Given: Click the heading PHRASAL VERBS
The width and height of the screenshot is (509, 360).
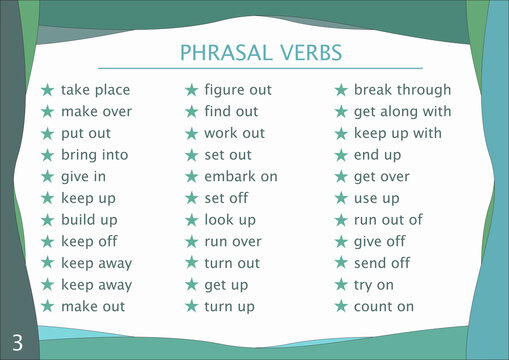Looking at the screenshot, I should click(259, 52).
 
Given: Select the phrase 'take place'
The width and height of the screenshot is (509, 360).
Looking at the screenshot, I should click(95, 90).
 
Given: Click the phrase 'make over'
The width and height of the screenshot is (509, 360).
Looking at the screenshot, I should click(96, 112).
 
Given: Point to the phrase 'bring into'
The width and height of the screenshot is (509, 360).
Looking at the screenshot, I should click(96, 155).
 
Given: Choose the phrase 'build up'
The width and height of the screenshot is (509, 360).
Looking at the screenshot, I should click(89, 219).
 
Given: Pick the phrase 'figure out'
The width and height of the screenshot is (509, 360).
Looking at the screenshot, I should click(238, 90).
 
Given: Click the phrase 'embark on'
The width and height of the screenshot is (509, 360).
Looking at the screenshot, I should click(241, 177).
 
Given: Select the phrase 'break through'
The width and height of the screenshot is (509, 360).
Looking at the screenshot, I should click(403, 90).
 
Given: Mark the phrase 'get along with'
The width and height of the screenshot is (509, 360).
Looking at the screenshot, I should click(402, 112).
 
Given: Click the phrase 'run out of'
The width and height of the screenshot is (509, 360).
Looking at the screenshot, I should click(388, 220).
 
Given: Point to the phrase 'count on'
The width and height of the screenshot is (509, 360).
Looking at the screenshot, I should click(384, 307).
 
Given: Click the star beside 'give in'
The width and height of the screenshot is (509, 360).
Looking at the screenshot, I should click(47, 177).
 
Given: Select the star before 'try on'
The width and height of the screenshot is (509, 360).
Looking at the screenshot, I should click(340, 285).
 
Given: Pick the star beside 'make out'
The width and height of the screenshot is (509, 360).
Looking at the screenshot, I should click(47, 307).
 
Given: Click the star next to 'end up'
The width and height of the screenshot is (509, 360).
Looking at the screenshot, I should click(340, 155).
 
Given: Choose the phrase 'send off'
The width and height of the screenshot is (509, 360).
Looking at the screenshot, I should click(382, 263).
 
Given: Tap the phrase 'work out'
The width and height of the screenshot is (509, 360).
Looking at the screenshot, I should click(235, 133).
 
